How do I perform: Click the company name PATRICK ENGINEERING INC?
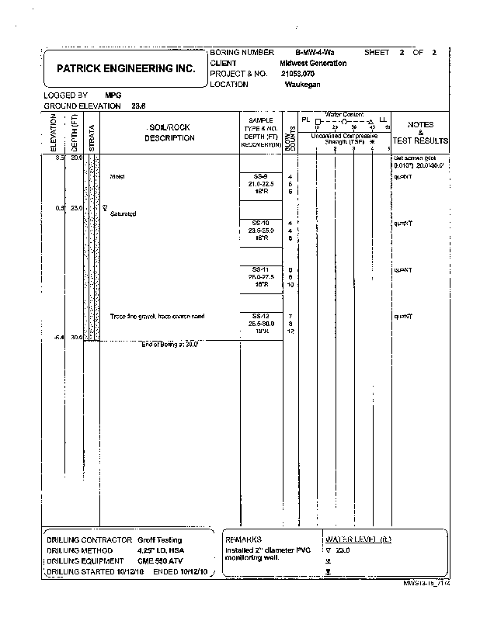(126, 68)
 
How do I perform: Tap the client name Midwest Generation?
(313, 63)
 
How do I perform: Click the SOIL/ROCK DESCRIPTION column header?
(169, 133)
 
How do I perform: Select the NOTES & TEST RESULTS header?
(420, 133)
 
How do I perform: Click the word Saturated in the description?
(123, 213)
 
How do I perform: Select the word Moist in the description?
(117, 176)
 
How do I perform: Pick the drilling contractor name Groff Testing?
(160, 539)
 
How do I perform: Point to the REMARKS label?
(243, 539)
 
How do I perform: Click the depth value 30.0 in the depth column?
(76, 338)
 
